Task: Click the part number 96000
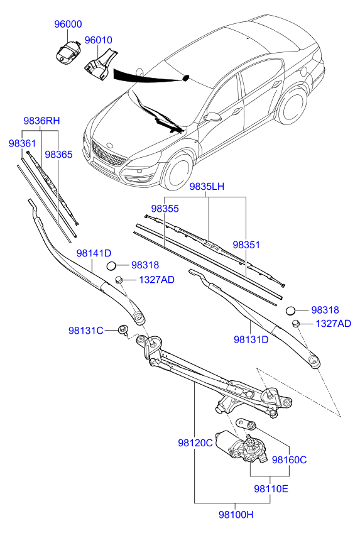click(x=68, y=24)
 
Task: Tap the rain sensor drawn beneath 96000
click(x=68, y=52)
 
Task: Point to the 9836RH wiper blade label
click(x=42, y=121)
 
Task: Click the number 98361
click(x=23, y=143)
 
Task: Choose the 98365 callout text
click(x=58, y=153)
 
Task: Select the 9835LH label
click(x=208, y=187)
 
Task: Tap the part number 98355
click(x=165, y=208)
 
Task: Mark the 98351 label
click(x=246, y=245)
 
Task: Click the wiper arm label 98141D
click(x=94, y=253)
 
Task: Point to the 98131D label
click(x=251, y=339)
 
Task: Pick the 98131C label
click(x=85, y=331)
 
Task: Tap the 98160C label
click(x=289, y=459)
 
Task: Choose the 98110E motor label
click(x=271, y=488)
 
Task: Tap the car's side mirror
click(x=213, y=117)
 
